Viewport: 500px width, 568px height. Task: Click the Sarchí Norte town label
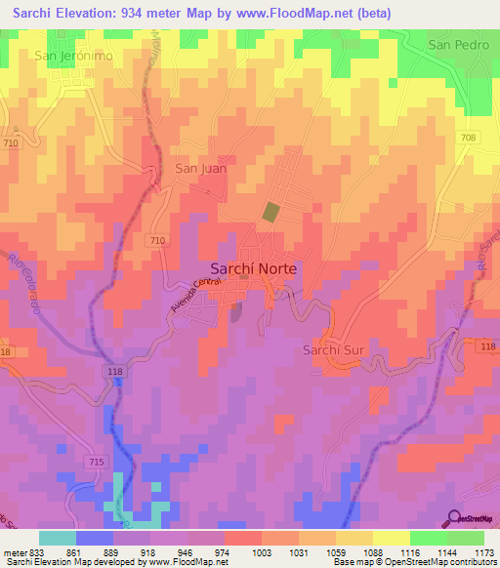point(255,268)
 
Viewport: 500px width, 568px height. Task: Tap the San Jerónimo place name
point(73,56)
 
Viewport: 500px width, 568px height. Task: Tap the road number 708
point(469,139)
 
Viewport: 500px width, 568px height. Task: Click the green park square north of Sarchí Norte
point(271,212)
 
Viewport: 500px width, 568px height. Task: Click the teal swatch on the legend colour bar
point(57,538)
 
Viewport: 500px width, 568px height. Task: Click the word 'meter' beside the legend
point(13,551)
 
